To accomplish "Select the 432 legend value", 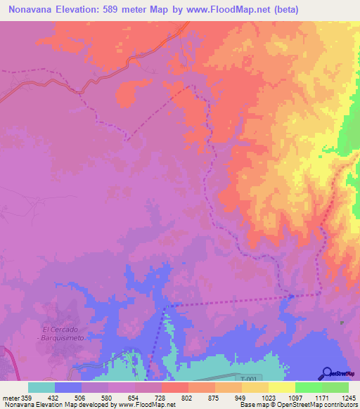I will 55,397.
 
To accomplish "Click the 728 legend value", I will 161,397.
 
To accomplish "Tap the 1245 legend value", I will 348,397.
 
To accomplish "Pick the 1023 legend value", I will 268,397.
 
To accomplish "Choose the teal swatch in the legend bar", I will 41,387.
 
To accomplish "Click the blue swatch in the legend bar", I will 68,387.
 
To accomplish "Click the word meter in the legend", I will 11,397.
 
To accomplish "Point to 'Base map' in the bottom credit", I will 250,405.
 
